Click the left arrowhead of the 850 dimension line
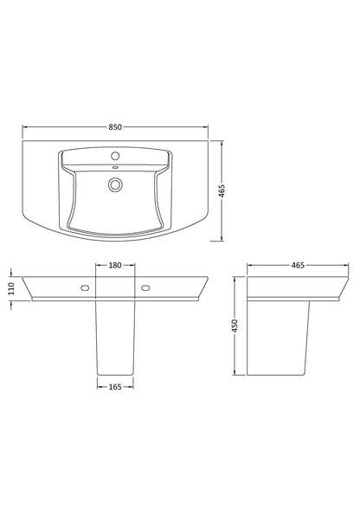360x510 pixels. click(24, 127)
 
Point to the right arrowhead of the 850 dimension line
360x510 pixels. click(209, 127)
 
